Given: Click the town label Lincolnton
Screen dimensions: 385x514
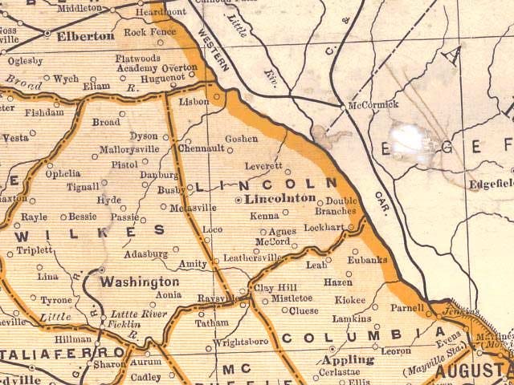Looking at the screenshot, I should [x=280, y=198].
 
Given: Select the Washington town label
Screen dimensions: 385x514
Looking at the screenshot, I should [x=139, y=282].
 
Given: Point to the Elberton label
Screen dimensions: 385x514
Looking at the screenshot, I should [x=84, y=36].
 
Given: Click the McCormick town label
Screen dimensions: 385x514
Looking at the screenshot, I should [x=373, y=104].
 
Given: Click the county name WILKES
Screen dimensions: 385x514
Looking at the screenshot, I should [x=89, y=232].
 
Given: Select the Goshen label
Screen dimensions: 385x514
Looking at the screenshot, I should [x=241, y=139].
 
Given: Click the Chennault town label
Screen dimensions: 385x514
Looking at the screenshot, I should [x=201, y=148].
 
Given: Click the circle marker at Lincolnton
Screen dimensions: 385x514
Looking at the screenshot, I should [x=238, y=198].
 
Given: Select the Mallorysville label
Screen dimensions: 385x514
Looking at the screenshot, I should [x=129, y=149].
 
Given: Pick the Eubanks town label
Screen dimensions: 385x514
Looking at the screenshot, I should [x=368, y=259].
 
